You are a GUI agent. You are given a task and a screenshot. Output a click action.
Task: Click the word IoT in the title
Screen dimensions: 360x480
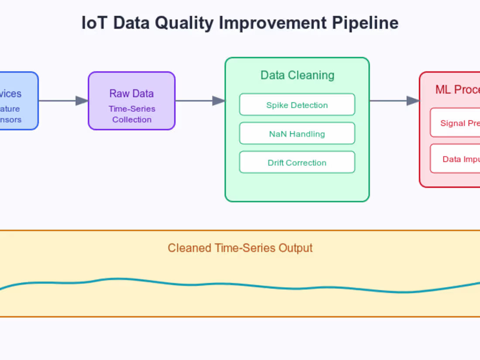click(x=95, y=23)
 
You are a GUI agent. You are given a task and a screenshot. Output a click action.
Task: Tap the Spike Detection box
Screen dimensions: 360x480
click(x=297, y=105)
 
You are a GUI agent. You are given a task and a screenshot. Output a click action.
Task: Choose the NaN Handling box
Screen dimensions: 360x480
click(x=297, y=134)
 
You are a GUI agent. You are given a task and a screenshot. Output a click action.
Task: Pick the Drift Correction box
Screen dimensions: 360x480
click(x=297, y=162)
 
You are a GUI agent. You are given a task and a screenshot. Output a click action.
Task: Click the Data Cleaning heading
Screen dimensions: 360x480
click(x=297, y=75)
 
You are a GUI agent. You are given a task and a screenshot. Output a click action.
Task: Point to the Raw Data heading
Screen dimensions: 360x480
click(x=131, y=93)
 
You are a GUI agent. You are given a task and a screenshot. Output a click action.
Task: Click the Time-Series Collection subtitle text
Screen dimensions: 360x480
click(x=132, y=114)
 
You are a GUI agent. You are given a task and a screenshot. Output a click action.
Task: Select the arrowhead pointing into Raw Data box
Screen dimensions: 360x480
click(x=82, y=101)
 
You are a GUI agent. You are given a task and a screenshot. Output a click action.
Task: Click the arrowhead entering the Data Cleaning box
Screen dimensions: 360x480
click(x=219, y=101)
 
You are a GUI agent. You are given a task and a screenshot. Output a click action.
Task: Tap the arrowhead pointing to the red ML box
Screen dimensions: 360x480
click(x=413, y=101)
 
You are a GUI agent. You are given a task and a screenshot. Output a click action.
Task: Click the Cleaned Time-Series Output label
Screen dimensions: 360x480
click(x=240, y=248)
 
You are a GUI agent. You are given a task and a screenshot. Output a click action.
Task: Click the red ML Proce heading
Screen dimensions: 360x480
click(x=457, y=89)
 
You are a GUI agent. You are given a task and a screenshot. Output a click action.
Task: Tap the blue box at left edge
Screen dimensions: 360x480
click(x=17, y=101)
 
